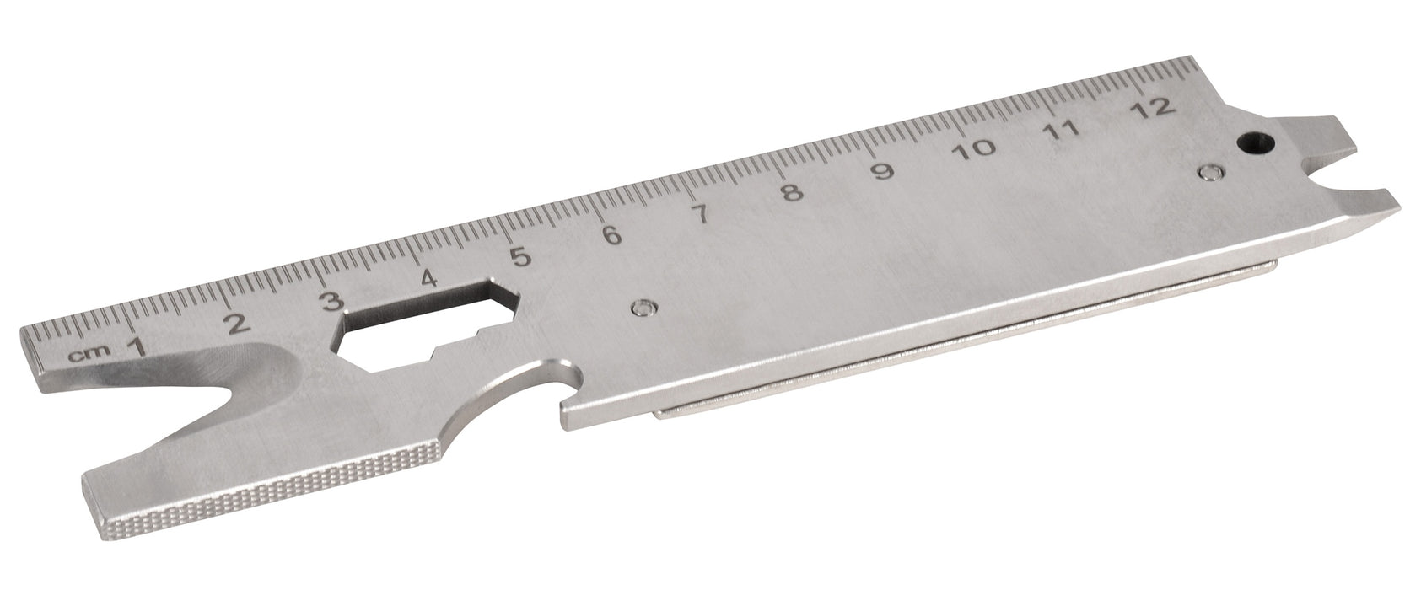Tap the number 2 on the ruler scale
[237, 323]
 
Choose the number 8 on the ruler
[790, 192]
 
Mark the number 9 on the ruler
[881, 171]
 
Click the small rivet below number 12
[1211, 173]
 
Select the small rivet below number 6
[645, 307]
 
